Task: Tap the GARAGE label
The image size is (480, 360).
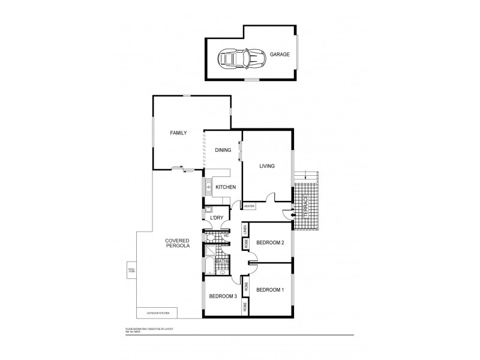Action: [x=279, y=54]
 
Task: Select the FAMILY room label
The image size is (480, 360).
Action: [x=178, y=133]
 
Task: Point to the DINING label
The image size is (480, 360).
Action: [x=223, y=150]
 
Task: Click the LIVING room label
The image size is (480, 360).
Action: [x=267, y=166]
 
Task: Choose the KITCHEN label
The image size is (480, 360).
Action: [x=226, y=188]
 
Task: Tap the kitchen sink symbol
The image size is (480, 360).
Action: [x=208, y=188]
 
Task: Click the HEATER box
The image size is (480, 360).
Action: [x=250, y=206]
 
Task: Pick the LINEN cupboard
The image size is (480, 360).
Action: [x=245, y=229]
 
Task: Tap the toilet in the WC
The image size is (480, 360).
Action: [x=210, y=236]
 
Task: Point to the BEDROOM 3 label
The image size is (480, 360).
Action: [x=221, y=296]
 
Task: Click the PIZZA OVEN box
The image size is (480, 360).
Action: [x=131, y=271]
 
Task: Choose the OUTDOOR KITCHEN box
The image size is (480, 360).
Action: [x=160, y=313]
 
